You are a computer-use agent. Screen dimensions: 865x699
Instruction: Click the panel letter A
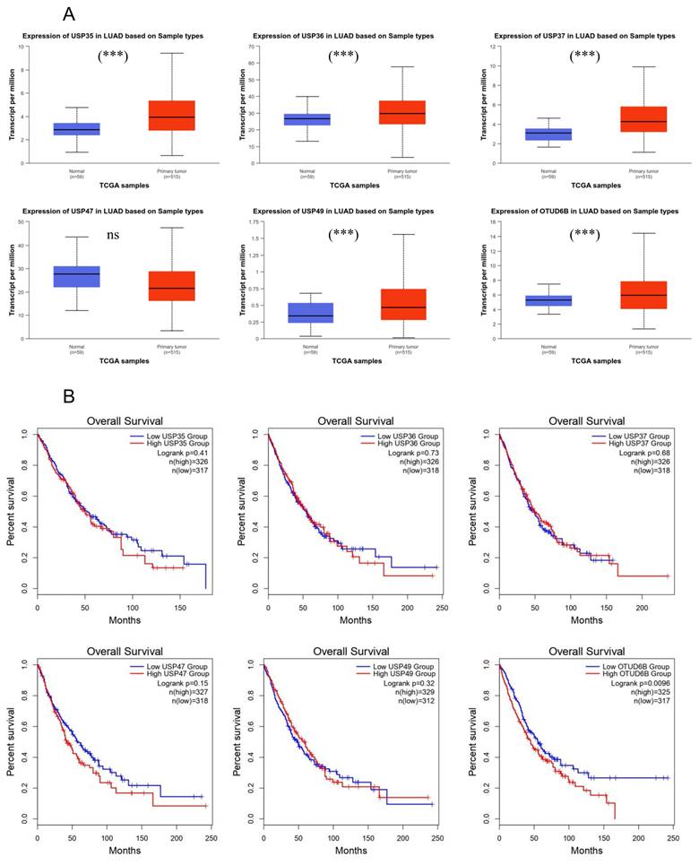(70, 13)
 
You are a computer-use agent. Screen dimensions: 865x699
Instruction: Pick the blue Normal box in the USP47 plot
(77, 276)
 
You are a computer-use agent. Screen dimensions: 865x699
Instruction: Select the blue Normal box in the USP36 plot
(307, 119)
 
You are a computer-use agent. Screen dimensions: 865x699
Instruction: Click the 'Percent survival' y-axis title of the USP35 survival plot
(12, 509)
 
